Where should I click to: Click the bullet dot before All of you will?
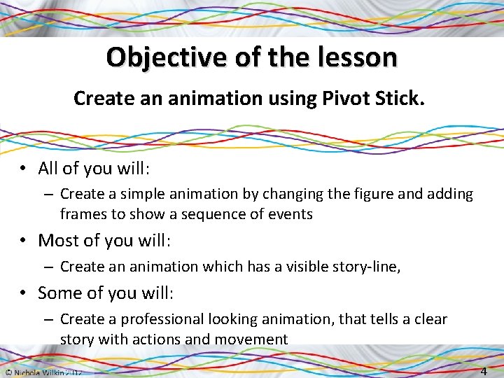pos(24,169)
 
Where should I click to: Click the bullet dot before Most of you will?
pos(24,241)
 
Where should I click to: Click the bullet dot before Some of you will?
pos(24,293)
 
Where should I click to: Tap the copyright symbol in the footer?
pos(6,372)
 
